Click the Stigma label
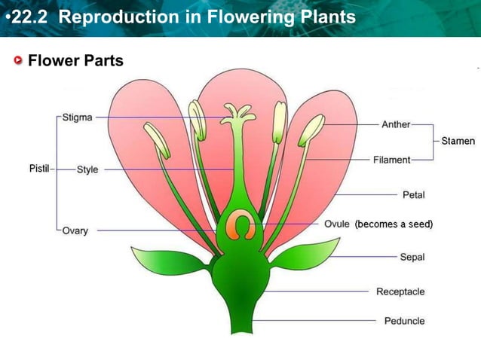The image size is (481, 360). (x=78, y=117)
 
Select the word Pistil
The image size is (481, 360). (x=39, y=169)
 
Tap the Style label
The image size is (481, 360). (x=87, y=169)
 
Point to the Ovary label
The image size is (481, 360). (x=75, y=230)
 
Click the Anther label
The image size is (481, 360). (x=396, y=124)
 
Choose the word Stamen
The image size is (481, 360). (x=458, y=141)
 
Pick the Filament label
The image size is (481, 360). (x=391, y=160)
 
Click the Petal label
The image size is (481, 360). (x=414, y=195)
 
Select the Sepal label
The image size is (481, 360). (x=412, y=257)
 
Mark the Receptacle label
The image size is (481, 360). (x=400, y=291)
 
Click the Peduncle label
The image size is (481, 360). (x=404, y=321)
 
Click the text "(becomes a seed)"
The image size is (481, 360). (x=394, y=224)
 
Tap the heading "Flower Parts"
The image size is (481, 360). (x=75, y=61)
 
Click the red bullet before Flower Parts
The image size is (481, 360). (x=18, y=61)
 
